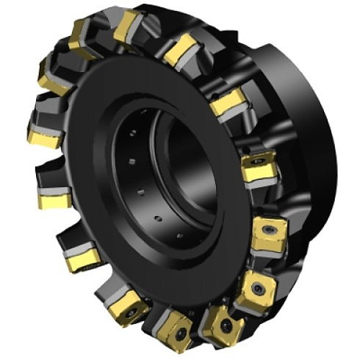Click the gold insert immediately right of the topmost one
point(177,52)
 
